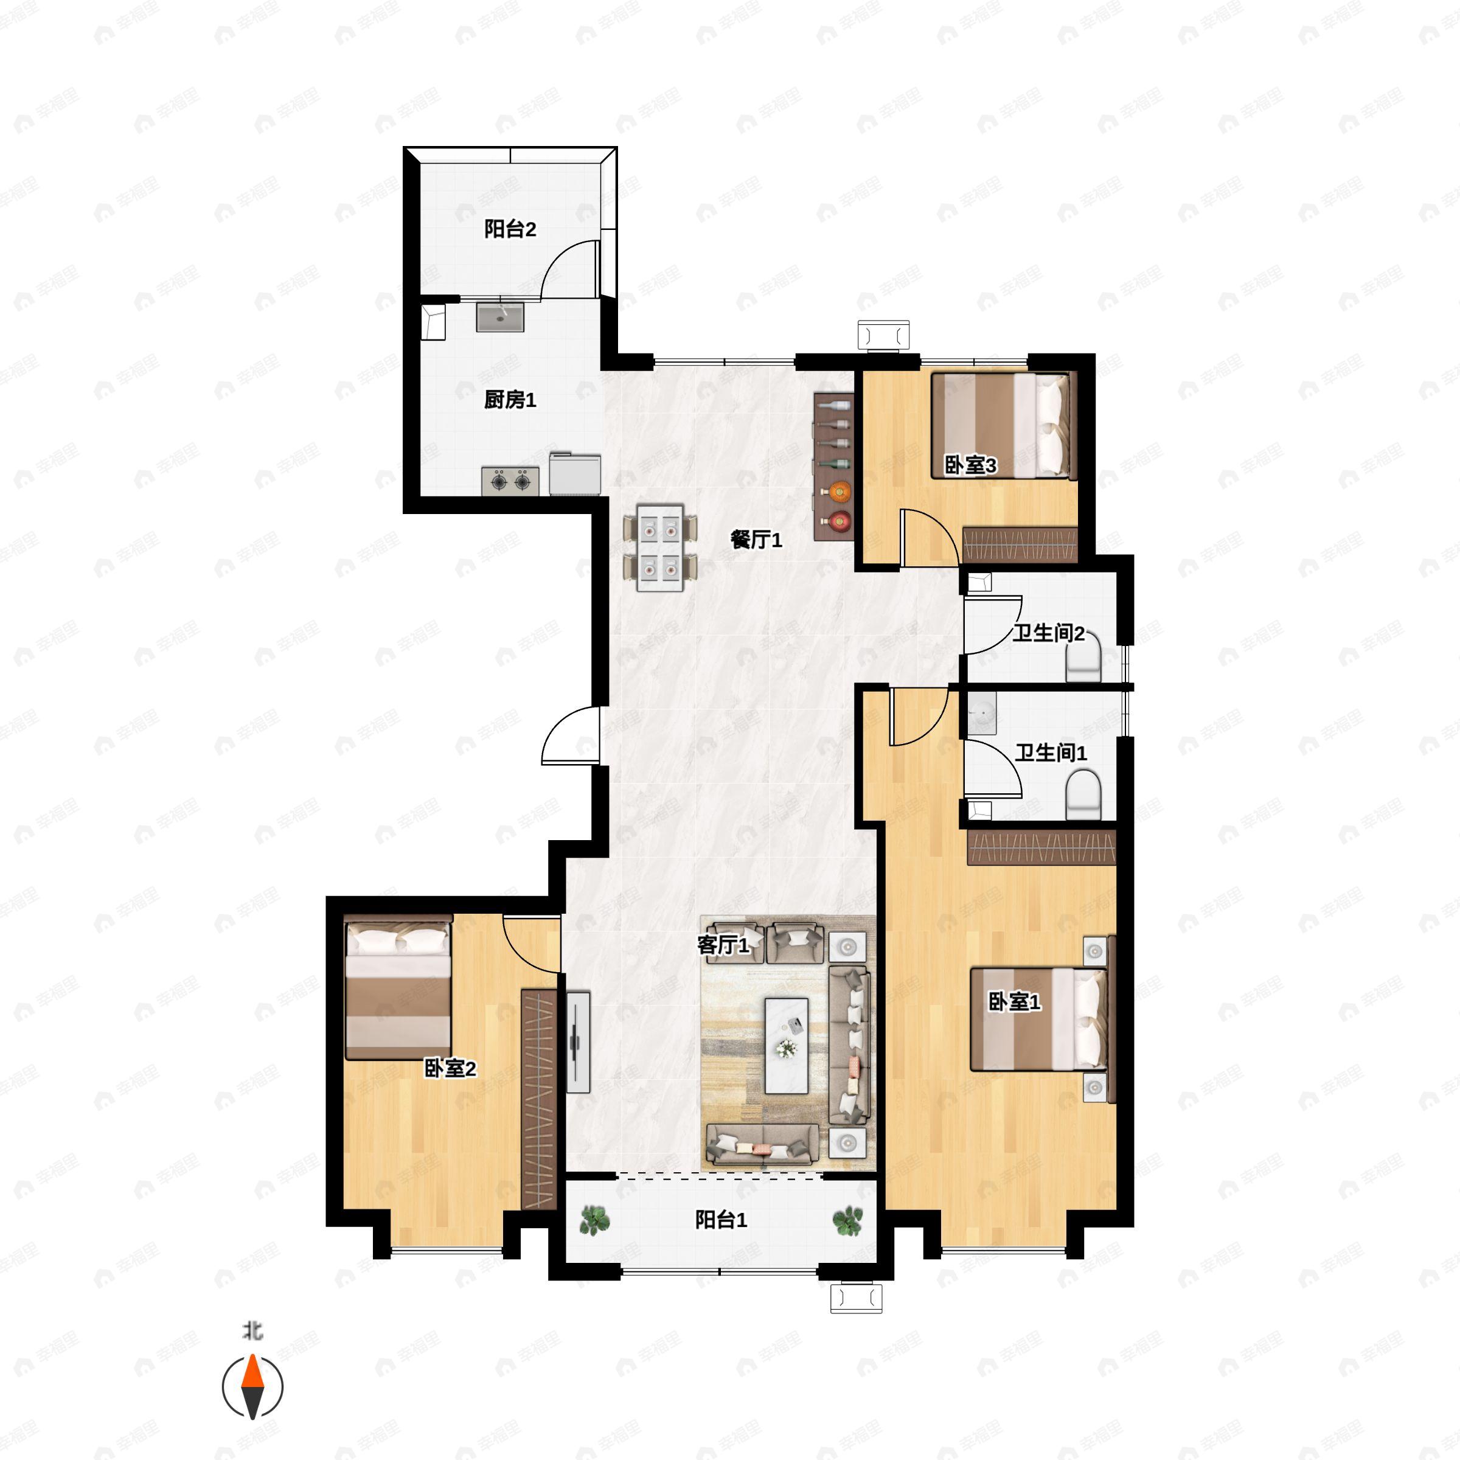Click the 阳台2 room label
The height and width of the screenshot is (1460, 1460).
(510, 229)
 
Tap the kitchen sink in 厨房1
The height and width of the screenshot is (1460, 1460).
(499, 318)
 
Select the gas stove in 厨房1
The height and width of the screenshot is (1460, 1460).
(511, 481)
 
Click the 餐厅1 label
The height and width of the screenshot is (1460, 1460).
(756, 540)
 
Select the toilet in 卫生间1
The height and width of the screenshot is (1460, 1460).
(1083, 794)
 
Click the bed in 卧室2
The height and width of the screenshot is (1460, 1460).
(398, 987)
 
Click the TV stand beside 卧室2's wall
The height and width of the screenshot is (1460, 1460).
(578, 1041)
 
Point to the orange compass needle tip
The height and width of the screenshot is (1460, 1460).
(252, 1356)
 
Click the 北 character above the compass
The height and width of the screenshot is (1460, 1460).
(252, 1331)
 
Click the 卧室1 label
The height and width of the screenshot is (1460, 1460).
(1014, 1002)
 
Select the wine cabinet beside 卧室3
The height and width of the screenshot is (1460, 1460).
(833, 466)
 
